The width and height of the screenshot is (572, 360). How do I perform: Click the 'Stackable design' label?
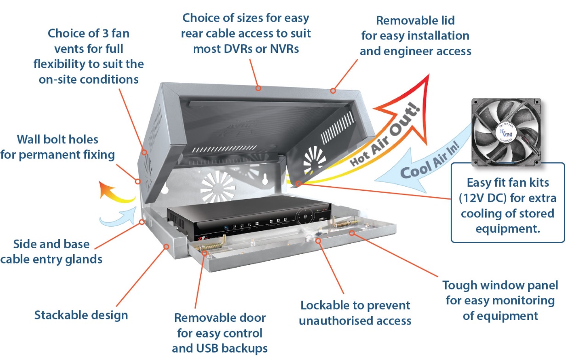click(x=81, y=315)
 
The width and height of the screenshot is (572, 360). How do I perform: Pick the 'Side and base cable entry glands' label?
click(x=51, y=251)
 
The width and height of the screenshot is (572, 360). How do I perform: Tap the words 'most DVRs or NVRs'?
click(x=246, y=48)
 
